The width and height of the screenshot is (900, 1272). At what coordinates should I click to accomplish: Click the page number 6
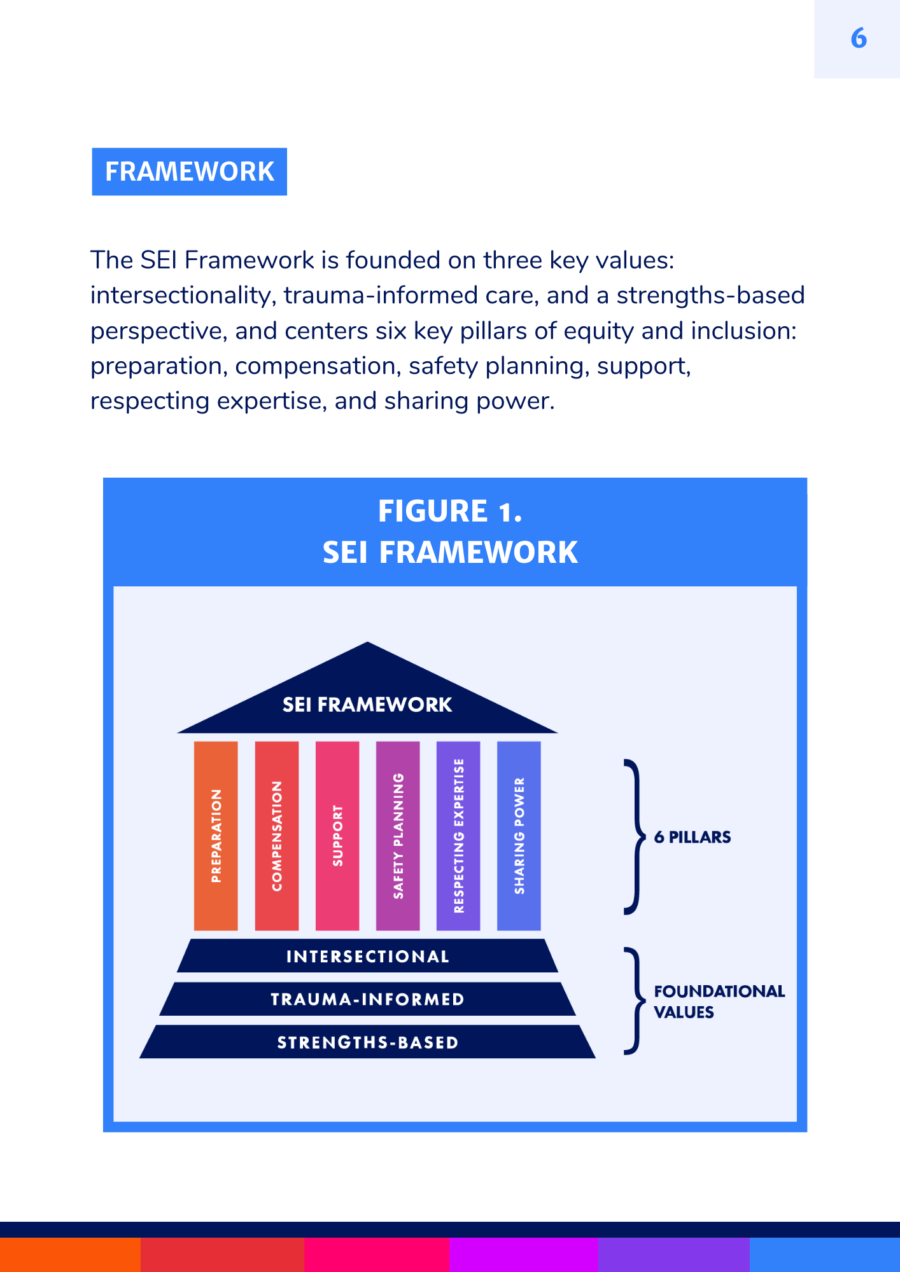pos(858,39)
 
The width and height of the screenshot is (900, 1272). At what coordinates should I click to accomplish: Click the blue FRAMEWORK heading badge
pos(189,172)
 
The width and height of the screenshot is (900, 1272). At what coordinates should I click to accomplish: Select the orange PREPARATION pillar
pos(216,836)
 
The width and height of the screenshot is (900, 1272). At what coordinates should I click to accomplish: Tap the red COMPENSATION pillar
pos(277,836)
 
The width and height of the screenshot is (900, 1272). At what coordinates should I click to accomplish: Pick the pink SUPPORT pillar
pos(337,836)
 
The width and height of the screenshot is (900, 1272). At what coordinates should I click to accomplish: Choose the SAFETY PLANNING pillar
pos(398,836)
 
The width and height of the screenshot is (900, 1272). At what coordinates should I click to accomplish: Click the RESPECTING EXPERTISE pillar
pos(458,836)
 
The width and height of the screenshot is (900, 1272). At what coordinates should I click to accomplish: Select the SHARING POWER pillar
pos(519,836)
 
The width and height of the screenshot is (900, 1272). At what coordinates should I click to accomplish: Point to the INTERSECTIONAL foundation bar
pos(367,956)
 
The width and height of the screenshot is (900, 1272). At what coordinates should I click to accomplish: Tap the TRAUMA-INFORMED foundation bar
pos(367,999)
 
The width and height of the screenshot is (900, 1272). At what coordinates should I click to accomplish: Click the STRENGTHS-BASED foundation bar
pos(367,1042)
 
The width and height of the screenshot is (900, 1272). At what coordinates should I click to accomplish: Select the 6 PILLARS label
pos(693,837)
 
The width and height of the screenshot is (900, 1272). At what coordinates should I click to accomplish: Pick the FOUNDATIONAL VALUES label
pos(719,1002)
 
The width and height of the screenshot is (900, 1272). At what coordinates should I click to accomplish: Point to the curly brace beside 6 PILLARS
pos(633,837)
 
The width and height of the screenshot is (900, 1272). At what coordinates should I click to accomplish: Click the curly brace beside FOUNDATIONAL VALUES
pos(633,1001)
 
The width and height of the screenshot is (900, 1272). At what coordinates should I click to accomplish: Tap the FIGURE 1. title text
pos(450,511)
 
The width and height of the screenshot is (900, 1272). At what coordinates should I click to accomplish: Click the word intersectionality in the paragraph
pos(182,296)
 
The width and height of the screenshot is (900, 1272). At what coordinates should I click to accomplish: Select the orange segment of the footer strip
pos(70,1254)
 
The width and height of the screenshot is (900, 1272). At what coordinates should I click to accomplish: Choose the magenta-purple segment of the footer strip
pos(523,1254)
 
